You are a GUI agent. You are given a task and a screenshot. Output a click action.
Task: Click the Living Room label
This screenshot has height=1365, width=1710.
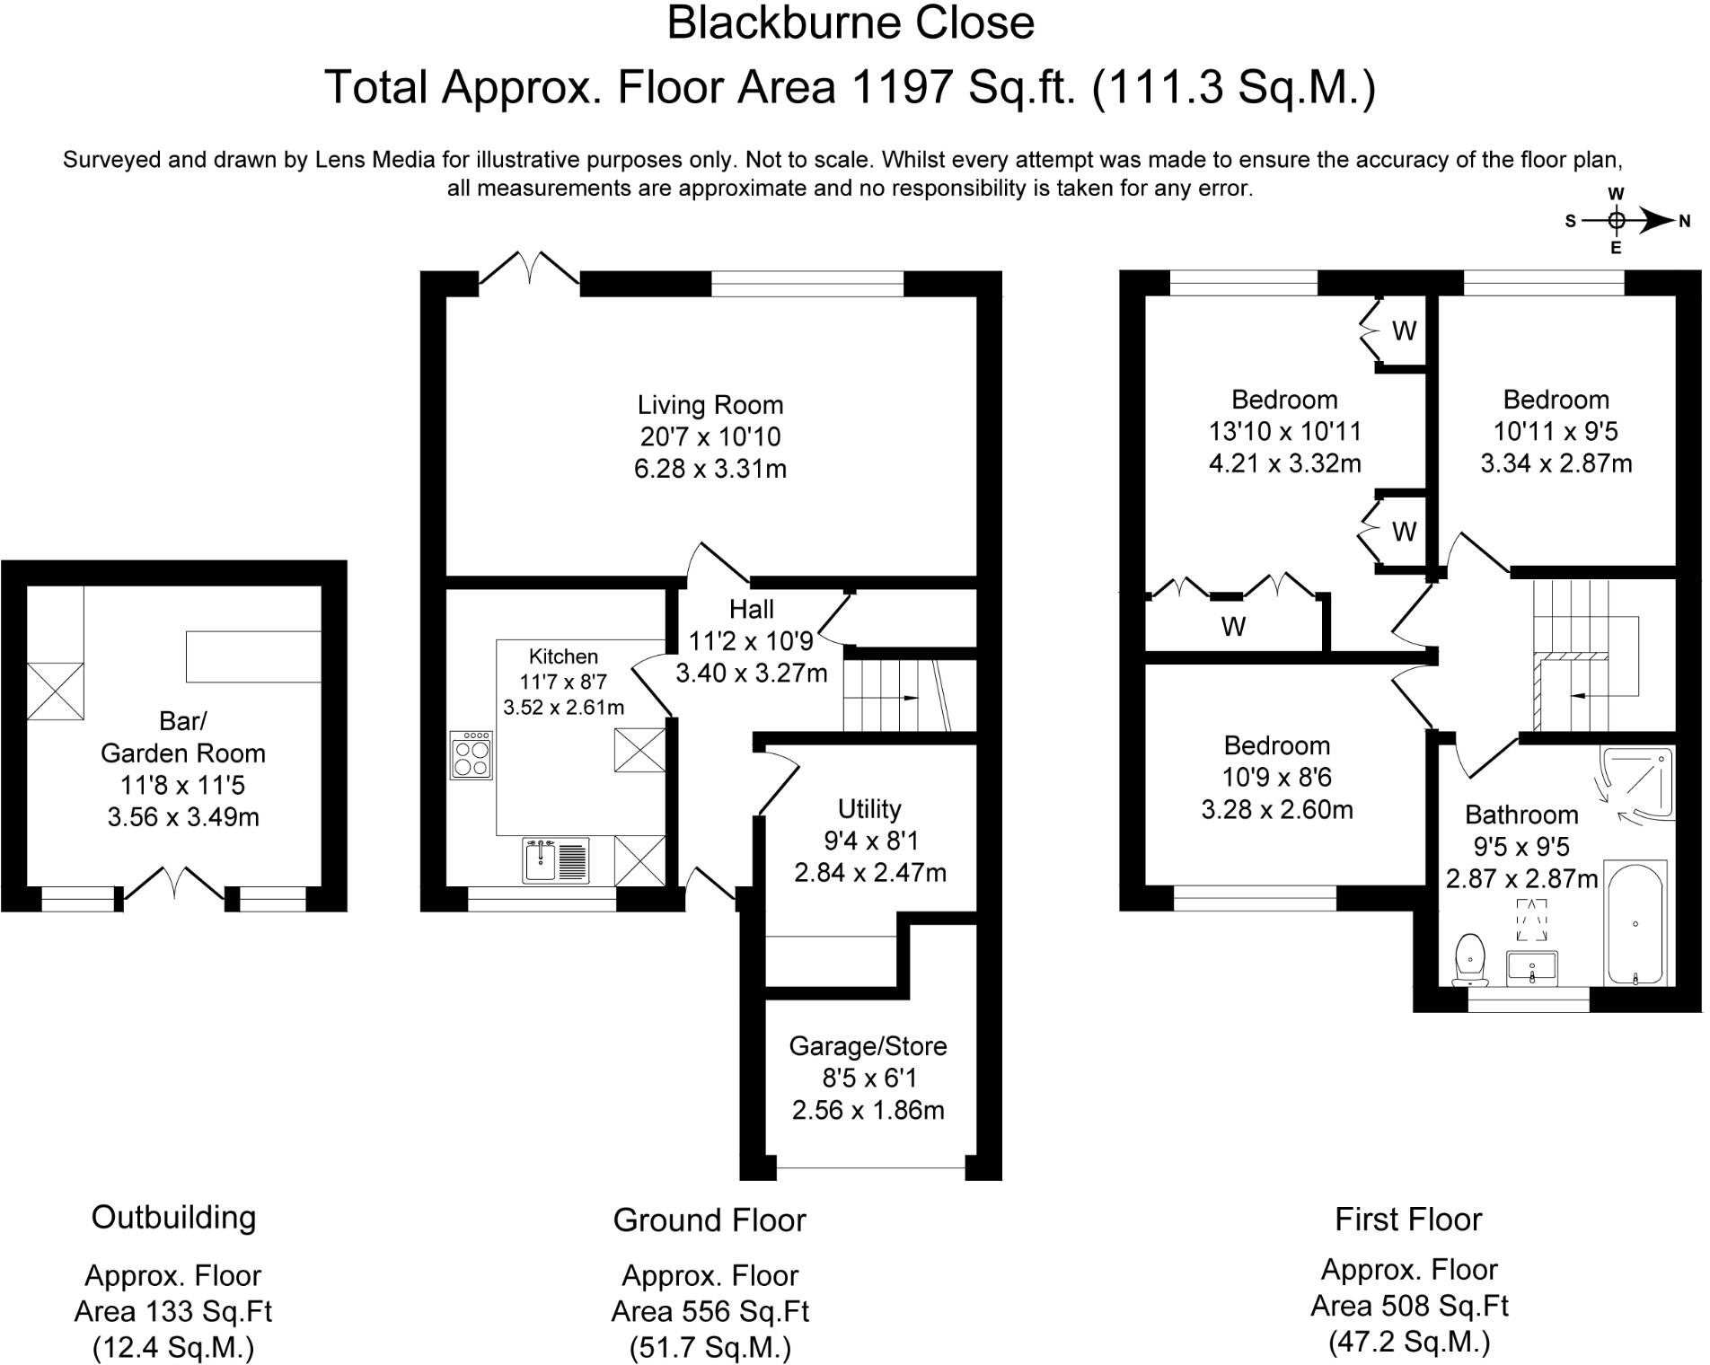pyautogui.click(x=710, y=404)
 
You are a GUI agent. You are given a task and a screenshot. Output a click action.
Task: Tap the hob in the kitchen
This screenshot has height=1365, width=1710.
pyautogui.click(x=472, y=755)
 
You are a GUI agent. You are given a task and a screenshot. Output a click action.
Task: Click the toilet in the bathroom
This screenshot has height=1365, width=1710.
pyautogui.click(x=1469, y=960)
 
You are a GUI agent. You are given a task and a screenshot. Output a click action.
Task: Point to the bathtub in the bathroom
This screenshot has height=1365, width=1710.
pyautogui.click(x=1636, y=923)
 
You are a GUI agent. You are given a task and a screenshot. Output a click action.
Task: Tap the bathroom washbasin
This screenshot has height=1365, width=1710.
pyautogui.click(x=1532, y=968)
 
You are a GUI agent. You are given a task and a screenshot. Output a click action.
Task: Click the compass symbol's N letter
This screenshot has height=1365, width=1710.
pyautogui.click(x=1685, y=221)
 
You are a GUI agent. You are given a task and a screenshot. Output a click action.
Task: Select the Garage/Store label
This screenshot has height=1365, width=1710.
pyautogui.click(x=868, y=1046)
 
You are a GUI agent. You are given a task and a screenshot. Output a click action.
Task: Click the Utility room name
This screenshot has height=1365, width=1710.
pyautogui.click(x=869, y=809)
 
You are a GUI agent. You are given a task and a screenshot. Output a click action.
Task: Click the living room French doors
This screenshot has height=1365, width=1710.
pyautogui.click(x=529, y=268)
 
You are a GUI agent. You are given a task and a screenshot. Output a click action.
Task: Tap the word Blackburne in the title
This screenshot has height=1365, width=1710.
pyautogui.click(x=774, y=23)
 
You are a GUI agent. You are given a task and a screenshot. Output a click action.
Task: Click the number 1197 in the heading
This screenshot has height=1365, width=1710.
pyautogui.click(x=903, y=87)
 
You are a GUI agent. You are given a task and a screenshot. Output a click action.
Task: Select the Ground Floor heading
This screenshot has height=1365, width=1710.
pyautogui.click(x=710, y=1220)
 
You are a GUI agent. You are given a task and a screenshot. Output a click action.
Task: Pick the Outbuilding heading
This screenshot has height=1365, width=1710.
pyautogui.click(x=173, y=1218)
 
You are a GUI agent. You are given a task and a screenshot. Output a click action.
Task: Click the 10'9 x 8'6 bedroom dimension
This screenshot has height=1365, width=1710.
pyautogui.click(x=1276, y=778)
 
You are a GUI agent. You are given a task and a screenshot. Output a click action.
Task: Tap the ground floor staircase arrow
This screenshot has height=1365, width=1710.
pyautogui.click(x=908, y=698)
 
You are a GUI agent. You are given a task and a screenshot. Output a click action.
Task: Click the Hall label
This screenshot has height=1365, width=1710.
pyautogui.click(x=752, y=610)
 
